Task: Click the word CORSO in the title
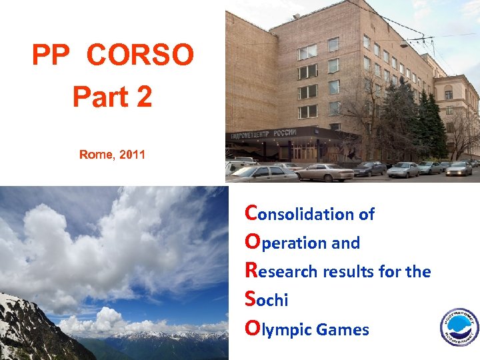click(140, 56)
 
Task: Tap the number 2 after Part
click(143, 97)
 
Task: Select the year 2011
click(131, 155)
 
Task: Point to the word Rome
click(96, 155)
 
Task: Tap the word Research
click(281, 271)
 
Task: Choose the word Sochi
click(267, 300)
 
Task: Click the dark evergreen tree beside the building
click(432, 127)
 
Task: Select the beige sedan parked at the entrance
click(324, 172)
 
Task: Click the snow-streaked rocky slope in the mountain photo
click(27, 327)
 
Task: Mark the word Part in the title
click(99, 97)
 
